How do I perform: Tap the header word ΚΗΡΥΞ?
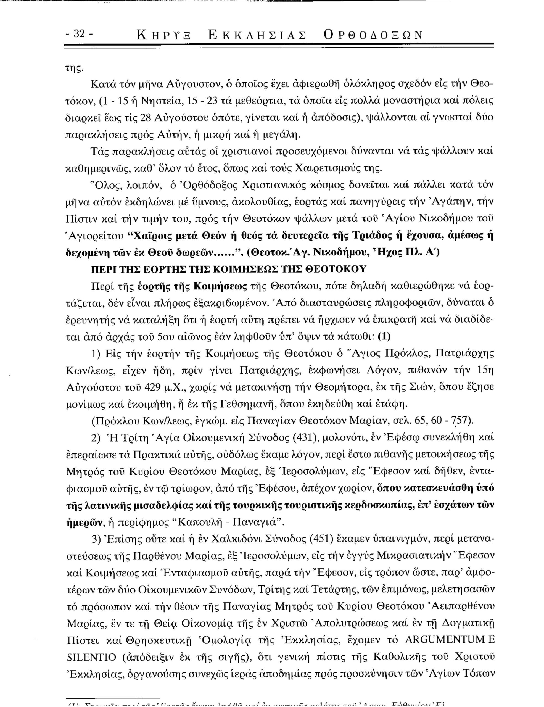(x=164, y=35)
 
